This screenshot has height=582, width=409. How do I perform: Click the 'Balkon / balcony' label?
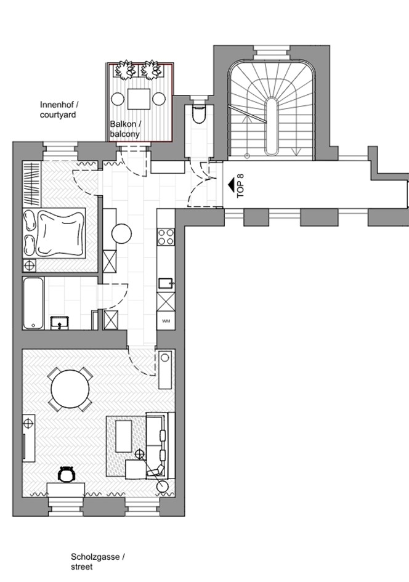click(x=126, y=129)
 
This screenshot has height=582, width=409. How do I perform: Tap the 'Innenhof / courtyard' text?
click(x=59, y=110)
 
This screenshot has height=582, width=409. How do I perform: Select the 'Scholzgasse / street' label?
click(x=98, y=562)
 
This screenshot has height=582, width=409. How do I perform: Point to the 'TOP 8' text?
click(x=240, y=185)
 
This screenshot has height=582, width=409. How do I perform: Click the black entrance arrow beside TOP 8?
click(x=230, y=185)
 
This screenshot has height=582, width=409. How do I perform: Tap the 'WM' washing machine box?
click(x=166, y=321)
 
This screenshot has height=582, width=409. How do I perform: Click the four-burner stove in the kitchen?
click(x=166, y=237)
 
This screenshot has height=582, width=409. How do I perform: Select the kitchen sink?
click(x=166, y=283)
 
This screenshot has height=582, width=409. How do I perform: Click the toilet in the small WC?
click(x=199, y=113)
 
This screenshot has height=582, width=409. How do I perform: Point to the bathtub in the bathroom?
click(x=33, y=303)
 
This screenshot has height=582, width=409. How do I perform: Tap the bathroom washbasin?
click(x=60, y=323)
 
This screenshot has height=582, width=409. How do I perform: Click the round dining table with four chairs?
click(x=70, y=389)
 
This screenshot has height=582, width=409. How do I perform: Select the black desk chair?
click(x=67, y=474)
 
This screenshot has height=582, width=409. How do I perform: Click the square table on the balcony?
click(x=139, y=99)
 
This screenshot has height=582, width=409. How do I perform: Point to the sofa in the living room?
click(x=160, y=445)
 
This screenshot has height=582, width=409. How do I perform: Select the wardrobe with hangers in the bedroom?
click(x=31, y=185)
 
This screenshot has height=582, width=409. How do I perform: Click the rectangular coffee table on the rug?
click(x=124, y=436)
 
